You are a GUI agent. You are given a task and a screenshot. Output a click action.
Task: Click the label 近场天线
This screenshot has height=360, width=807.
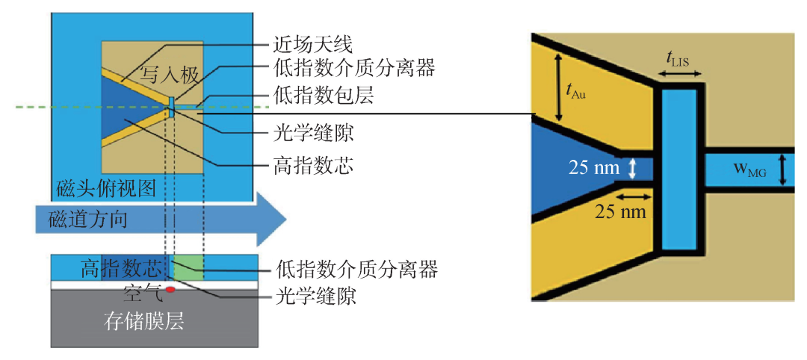click(312, 45)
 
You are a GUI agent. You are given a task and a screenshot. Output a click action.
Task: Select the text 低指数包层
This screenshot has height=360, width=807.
click(321, 96)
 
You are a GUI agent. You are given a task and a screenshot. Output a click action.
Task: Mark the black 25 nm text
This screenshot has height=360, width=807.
click(619, 211)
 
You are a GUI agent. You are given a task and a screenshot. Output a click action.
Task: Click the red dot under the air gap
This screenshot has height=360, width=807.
click(170, 291)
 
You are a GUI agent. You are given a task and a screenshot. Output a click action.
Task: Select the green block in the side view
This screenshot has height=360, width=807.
click(188, 267)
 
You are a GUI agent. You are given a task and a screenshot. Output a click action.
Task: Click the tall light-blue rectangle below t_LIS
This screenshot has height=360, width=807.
click(678, 170)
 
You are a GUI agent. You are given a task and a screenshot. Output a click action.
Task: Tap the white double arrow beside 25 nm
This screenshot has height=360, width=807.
click(633, 168)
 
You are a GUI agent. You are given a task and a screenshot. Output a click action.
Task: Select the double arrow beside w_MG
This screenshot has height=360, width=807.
click(782, 170)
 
